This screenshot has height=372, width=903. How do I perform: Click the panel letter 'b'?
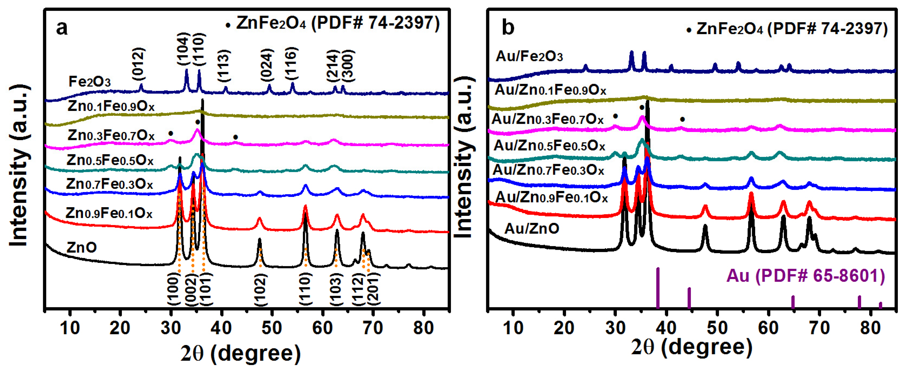click(508, 27)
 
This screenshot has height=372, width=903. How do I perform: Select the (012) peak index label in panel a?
click(138, 64)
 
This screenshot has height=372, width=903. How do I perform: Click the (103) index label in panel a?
click(336, 290)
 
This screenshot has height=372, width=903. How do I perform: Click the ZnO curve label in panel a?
click(81, 247)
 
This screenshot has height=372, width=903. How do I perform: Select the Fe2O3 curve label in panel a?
click(89, 82)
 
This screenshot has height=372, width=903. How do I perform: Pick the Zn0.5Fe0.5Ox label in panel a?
click(110, 160)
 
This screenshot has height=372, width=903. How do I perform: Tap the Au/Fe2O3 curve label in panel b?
click(529, 56)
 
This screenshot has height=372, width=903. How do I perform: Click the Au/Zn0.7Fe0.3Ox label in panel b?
click(548, 170)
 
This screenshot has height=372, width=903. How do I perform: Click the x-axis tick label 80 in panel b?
click(870, 328)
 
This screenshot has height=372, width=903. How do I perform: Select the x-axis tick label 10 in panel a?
click(70, 328)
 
